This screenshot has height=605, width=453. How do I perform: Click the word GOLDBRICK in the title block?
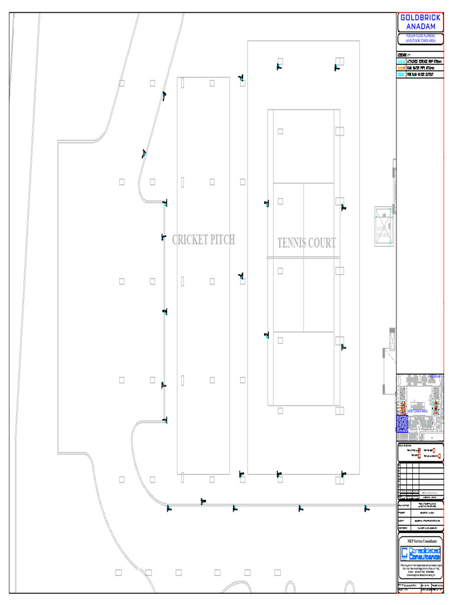pos(420,18)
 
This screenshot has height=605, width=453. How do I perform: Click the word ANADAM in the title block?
pos(420,27)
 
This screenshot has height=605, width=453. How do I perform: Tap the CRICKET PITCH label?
pos(203,240)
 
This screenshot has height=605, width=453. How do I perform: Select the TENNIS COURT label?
pos(307,243)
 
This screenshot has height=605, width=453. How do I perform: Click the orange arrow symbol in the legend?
pos(401,68)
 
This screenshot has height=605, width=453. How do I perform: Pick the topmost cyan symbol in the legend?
pos(401,61)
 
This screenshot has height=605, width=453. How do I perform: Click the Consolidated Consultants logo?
pos(420,554)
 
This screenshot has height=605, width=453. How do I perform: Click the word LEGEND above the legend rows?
pos(403,56)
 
